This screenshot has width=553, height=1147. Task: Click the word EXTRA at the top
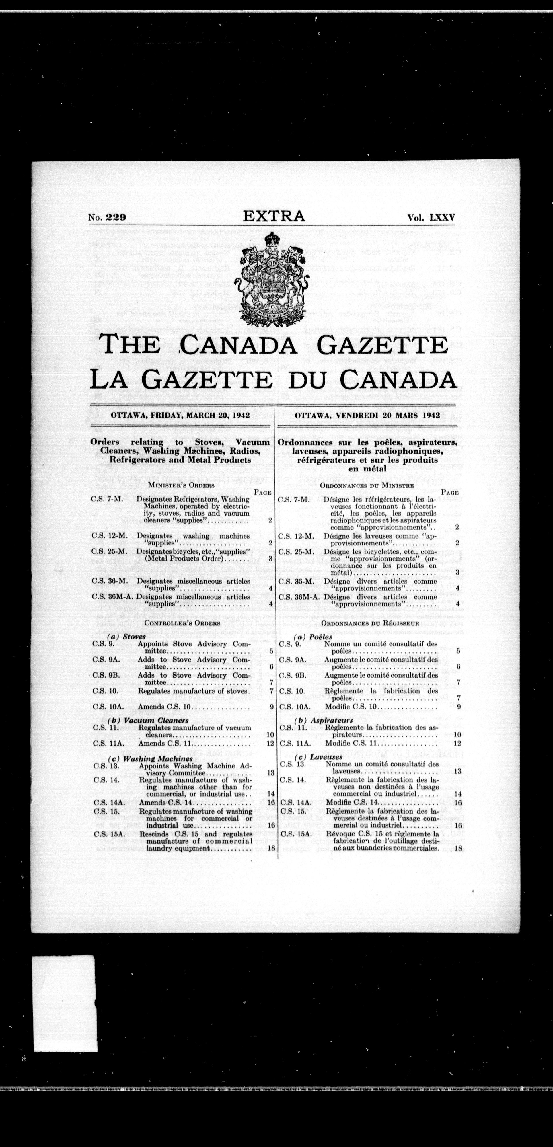(x=274, y=216)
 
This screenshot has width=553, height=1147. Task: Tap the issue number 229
(x=117, y=218)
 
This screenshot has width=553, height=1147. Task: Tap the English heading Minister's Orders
(x=181, y=485)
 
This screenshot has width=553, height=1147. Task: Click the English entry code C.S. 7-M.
(x=106, y=499)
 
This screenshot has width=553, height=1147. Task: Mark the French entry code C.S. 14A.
(x=295, y=802)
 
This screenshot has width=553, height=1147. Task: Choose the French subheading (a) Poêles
(x=314, y=637)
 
